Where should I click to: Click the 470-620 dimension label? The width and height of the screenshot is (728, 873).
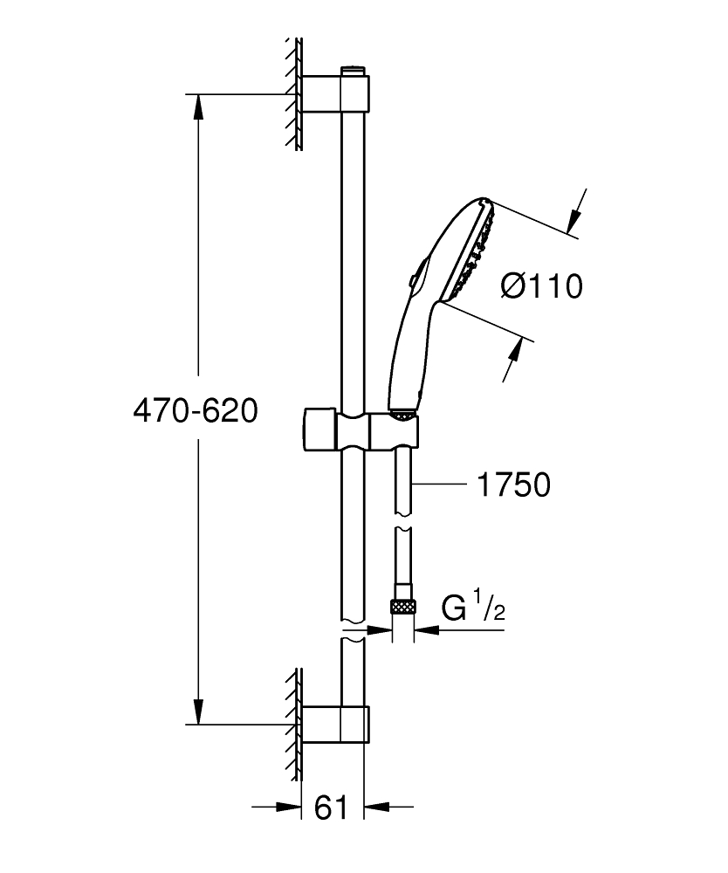(196, 410)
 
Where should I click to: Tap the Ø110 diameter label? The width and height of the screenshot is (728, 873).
(541, 285)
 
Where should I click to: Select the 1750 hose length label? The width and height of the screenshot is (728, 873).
(514, 485)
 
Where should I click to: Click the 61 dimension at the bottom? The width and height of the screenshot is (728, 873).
(331, 808)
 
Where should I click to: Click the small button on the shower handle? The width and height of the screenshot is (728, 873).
(413, 278)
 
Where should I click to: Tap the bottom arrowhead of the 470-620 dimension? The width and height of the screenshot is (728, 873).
(199, 711)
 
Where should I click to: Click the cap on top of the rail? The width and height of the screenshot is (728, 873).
(352, 66)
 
